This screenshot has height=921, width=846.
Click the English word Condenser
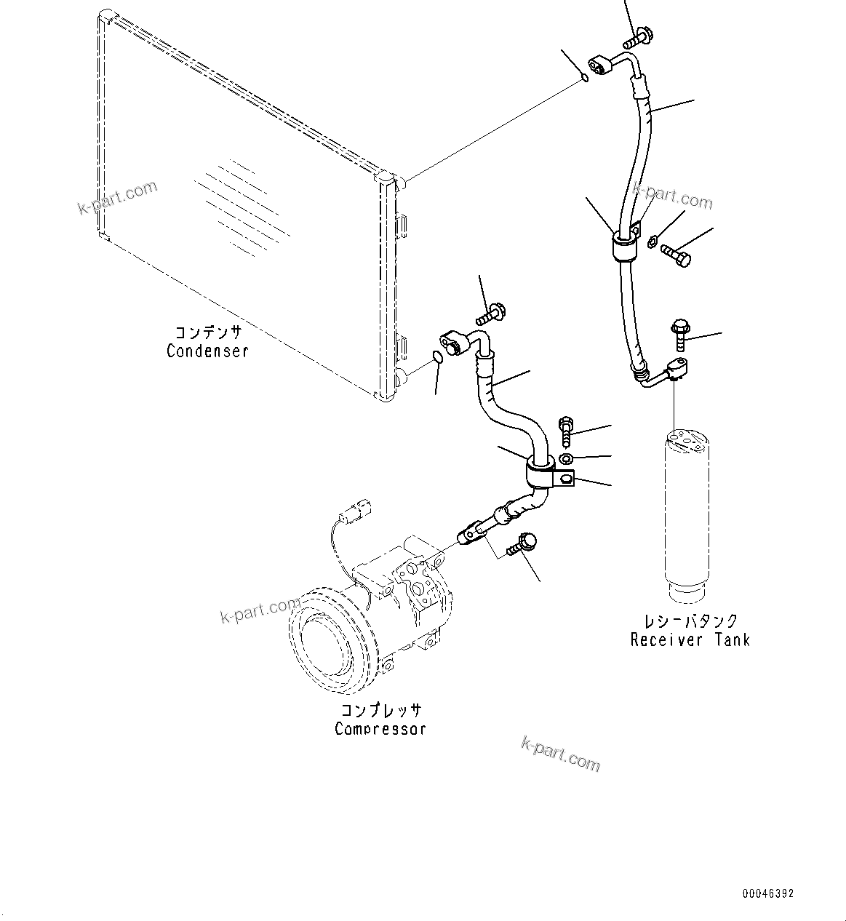[207, 351]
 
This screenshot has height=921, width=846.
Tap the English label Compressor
[380, 728]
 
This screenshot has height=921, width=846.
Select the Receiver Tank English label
[690, 640]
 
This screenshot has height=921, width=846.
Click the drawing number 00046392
[768, 893]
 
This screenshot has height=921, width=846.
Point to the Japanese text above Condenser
[207, 332]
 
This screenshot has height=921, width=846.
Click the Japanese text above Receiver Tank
[690, 621]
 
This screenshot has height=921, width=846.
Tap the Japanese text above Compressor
[381, 710]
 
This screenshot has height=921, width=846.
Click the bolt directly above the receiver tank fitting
[679, 333]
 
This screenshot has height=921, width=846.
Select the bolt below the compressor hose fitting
[524, 543]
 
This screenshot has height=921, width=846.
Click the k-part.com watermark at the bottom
[561, 752]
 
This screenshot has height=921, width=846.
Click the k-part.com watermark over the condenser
[118, 198]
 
